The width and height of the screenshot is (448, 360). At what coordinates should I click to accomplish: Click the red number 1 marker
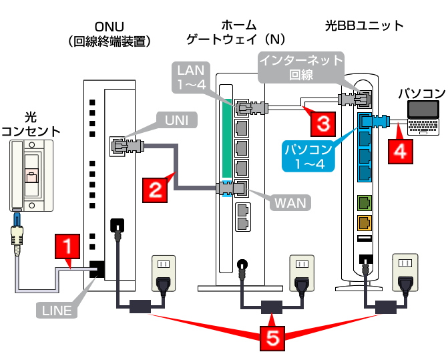coord(67,246)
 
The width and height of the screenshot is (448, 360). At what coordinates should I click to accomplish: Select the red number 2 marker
coord(155,190)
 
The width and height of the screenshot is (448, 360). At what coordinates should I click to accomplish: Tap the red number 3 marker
coord(323,124)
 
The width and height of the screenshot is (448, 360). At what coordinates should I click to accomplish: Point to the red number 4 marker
coord(401,152)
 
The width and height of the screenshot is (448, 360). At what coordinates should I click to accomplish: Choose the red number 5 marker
coord(272,338)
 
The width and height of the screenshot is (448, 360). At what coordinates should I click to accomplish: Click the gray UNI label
coord(177,120)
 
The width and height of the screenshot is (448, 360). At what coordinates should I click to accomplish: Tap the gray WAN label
coord(290,203)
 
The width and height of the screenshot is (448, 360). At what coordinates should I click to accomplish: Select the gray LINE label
coord(57,311)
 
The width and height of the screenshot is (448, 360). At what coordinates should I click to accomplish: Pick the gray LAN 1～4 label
coord(191,77)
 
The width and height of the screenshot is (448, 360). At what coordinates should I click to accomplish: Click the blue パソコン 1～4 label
coord(308,156)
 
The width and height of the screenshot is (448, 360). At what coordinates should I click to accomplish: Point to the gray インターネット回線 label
coord(301,67)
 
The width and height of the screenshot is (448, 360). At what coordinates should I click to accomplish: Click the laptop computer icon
coord(423,118)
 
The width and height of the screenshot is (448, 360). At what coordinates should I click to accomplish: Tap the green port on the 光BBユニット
coord(365,203)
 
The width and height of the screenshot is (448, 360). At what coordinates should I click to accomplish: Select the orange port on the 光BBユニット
coord(365,223)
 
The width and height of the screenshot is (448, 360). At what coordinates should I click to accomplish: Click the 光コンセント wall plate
coord(31,176)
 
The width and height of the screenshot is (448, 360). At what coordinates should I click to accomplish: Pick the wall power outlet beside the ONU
coord(164,273)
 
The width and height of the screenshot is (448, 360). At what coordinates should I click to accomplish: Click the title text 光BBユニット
coord(365,26)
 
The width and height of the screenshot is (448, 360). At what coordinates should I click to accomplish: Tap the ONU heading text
coord(109,27)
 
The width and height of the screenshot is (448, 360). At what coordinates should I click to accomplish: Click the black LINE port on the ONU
coord(97,269)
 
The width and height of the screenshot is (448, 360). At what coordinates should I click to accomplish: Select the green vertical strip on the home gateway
coord(227,138)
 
